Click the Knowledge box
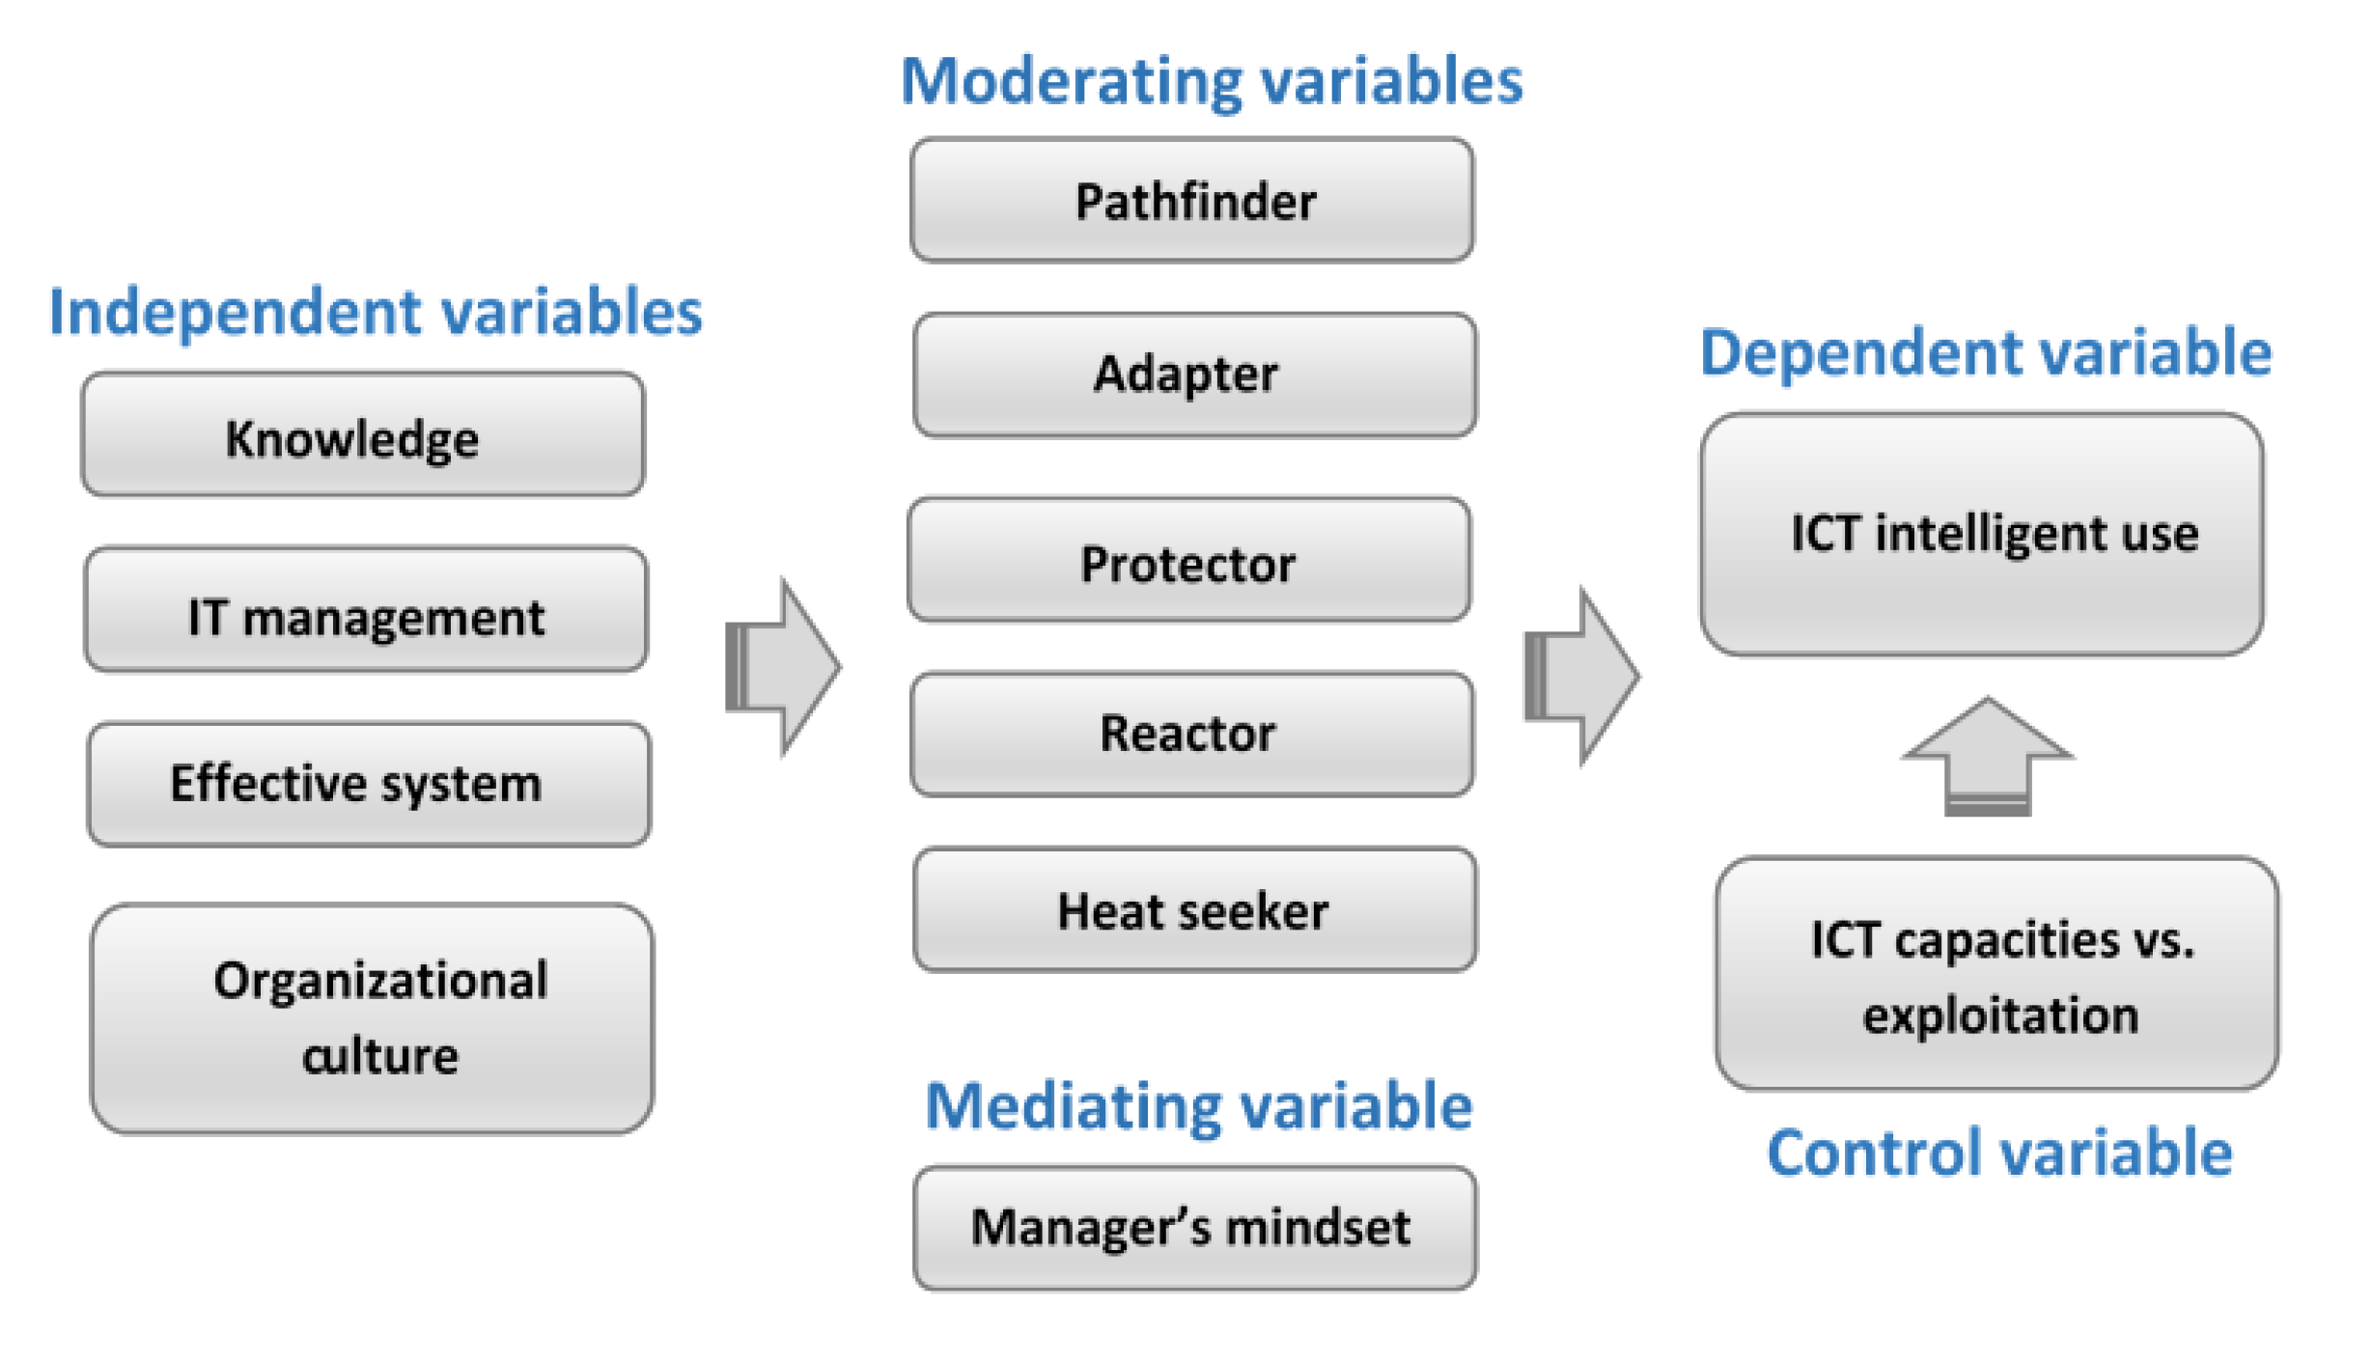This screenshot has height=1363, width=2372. tap(363, 436)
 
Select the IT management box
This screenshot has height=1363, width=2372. tap(366, 611)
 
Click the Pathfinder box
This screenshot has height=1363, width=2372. tap(1193, 201)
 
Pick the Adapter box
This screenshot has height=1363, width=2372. tap(1195, 376)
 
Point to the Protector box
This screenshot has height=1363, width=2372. tap(1190, 561)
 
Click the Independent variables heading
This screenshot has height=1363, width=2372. tap(376, 313)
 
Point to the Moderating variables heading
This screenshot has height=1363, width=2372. tap(1213, 81)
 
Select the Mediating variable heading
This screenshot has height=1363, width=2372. tap(1200, 1106)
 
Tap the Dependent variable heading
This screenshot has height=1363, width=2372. tap(1987, 352)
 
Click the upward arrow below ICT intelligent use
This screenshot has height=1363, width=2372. tap(1988, 758)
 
